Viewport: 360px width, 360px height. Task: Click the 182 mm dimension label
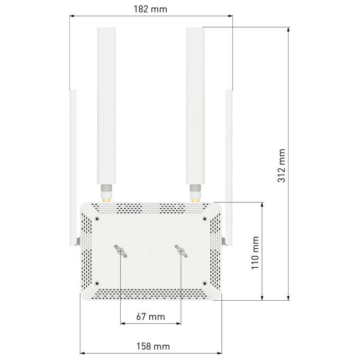point(150,9)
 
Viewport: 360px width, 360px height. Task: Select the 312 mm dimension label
point(282,166)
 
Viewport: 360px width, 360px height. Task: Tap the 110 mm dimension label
point(255,253)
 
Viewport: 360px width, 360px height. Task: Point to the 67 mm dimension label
point(150,317)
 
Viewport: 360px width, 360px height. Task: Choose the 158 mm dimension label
point(153,346)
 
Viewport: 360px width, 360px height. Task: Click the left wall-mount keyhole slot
point(121,251)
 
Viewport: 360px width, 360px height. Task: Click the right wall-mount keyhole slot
point(181,251)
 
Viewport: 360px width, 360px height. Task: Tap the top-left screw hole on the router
point(97,219)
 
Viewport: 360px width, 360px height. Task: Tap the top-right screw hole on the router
point(205,219)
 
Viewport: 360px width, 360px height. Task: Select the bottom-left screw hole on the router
point(97,283)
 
